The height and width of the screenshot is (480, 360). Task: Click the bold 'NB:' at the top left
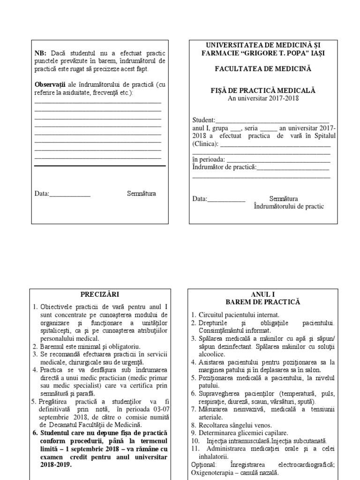coord(42,53)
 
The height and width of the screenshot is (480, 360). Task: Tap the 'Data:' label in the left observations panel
coord(42,194)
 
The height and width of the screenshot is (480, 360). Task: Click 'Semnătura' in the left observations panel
coord(141,194)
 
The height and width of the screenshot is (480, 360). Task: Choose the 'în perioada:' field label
coord(209,159)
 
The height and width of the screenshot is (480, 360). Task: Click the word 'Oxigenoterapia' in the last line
coord(212,472)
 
